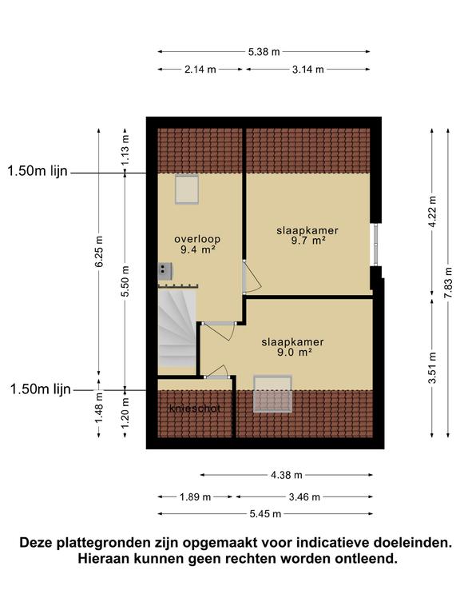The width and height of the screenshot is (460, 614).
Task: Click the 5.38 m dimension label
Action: (264, 52)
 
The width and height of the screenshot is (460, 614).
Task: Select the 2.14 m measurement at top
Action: (200, 70)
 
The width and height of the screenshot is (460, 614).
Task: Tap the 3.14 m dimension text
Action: (308, 70)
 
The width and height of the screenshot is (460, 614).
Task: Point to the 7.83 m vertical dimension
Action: (448, 283)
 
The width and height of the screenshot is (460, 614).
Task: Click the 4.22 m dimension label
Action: (432, 211)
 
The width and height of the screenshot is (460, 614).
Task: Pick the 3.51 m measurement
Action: (432, 368)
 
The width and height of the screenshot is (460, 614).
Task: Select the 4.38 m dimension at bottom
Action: (287, 475)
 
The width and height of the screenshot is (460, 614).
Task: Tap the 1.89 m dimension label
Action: (195, 497)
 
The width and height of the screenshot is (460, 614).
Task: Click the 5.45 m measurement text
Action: (266, 514)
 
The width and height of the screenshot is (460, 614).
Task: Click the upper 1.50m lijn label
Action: (38, 171)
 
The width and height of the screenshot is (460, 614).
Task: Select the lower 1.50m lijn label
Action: (41, 389)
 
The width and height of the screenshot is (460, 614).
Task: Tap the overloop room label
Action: (197, 239)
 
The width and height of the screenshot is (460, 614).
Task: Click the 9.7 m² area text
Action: (308, 241)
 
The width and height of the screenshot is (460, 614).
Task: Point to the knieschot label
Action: (195, 409)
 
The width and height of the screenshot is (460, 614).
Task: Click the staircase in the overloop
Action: (176, 328)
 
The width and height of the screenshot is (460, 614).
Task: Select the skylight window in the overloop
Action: (187, 189)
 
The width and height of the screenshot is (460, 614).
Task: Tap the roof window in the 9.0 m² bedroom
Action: (273, 394)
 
